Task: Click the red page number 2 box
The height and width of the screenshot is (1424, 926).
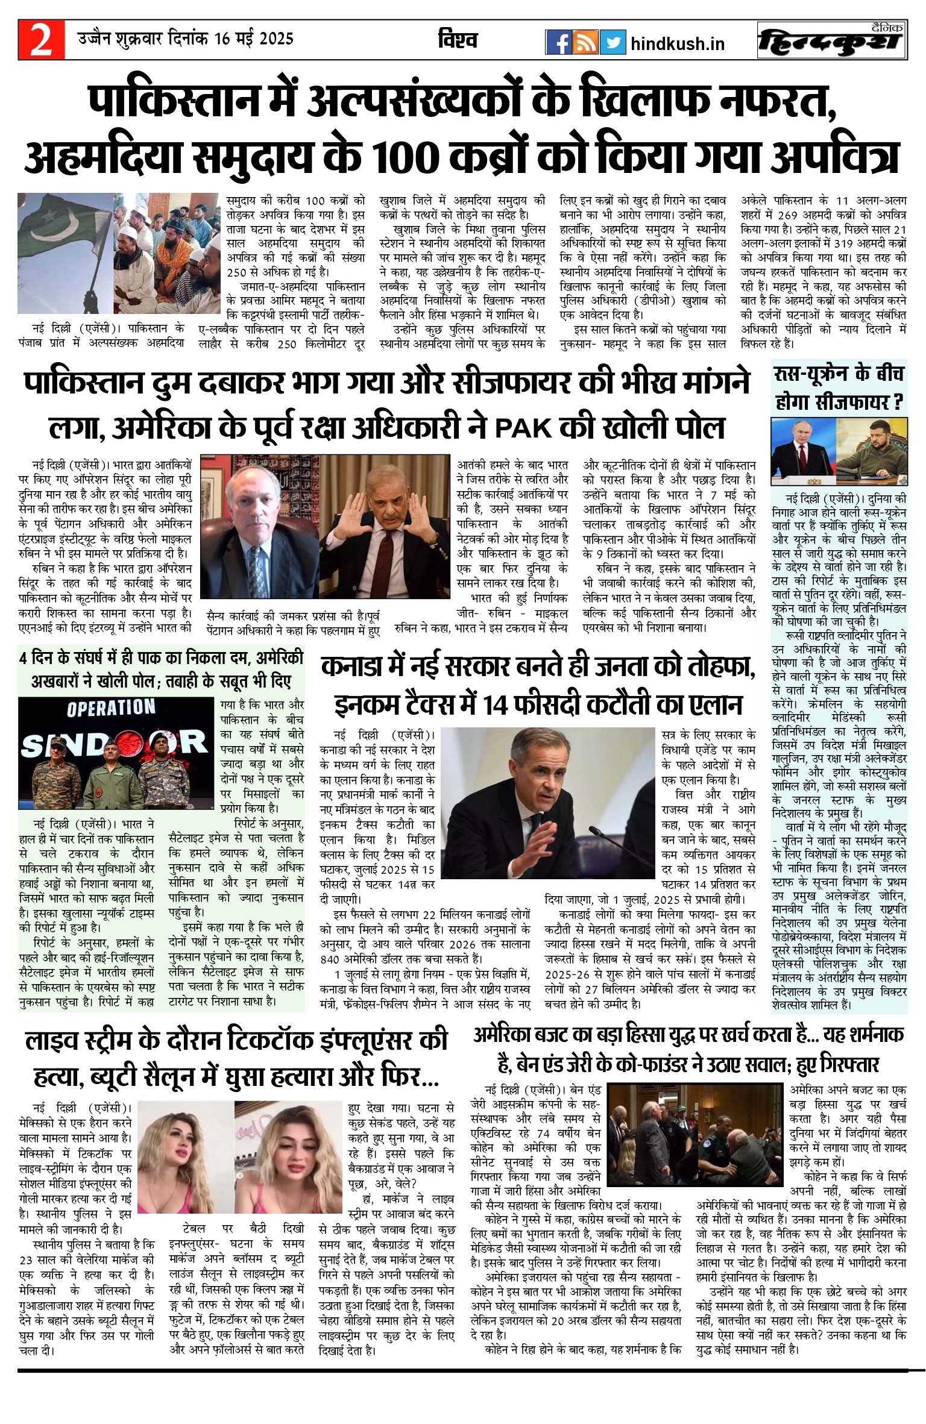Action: (x=41, y=40)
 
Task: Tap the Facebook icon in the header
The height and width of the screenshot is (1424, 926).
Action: (x=558, y=42)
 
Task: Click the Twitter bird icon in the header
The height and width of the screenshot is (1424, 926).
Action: (x=613, y=42)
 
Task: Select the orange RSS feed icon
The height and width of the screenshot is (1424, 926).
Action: (x=585, y=42)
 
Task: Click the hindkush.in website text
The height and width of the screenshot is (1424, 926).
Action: (x=677, y=44)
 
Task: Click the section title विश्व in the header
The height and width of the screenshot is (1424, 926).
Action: (x=458, y=40)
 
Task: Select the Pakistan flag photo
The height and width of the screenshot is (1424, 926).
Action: (x=65, y=253)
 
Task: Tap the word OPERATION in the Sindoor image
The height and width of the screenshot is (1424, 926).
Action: (x=111, y=707)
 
